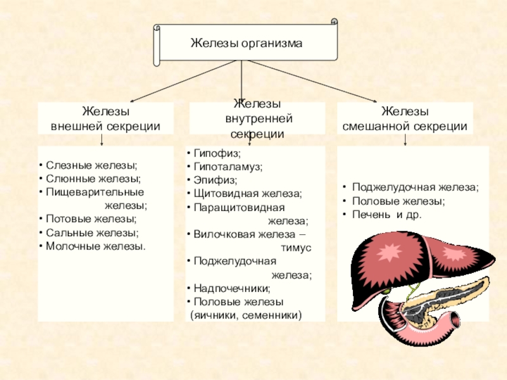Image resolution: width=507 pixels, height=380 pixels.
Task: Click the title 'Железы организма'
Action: click(x=247, y=44)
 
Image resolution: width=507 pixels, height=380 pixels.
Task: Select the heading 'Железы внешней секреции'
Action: click(x=105, y=119)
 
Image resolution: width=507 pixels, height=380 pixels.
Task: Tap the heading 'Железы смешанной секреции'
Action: click(x=405, y=119)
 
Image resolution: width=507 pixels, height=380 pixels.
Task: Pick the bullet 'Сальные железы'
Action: click(x=92, y=232)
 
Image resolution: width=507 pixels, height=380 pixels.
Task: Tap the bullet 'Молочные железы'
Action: click(x=95, y=246)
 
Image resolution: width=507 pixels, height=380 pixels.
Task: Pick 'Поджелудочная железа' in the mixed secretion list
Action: click(x=414, y=187)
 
